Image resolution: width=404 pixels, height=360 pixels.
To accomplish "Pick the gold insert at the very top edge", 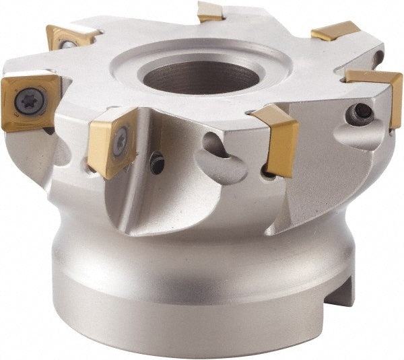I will (210, 11).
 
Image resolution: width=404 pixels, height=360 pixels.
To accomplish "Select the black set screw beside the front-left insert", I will (157, 161).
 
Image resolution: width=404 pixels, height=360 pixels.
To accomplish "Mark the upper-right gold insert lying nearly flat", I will (335, 30).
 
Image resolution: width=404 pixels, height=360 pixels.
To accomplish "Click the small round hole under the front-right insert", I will (268, 174).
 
